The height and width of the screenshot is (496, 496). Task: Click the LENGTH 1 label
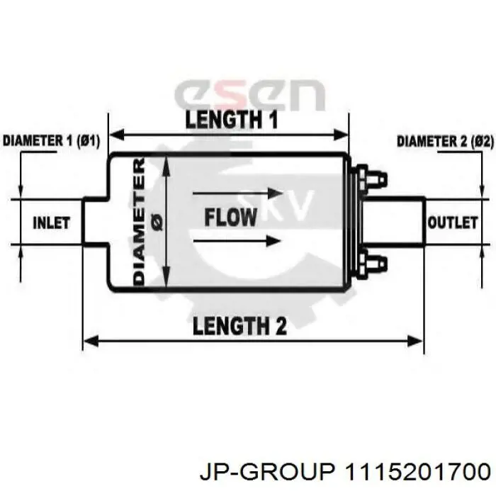tap(231, 120)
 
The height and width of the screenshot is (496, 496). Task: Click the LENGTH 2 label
tap(239, 326)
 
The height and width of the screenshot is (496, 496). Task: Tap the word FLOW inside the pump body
tap(230, 218)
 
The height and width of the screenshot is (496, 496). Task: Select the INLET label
tap(51, 223)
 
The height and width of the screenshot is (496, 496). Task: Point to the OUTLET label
tap(452, 222)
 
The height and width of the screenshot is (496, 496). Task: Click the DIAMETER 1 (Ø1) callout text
tap(51, 141)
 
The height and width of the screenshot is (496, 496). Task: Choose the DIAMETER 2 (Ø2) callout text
tap(445, 142)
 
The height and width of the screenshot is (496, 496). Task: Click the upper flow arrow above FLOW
tap(237, 193)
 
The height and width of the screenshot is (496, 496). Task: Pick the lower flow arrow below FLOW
tap(237, 241)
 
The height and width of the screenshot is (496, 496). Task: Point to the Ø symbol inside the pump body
tap(157, 221)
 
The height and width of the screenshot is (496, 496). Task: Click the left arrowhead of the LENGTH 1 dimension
tap(115, 135)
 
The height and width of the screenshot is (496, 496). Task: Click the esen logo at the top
tap(249, 94)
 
